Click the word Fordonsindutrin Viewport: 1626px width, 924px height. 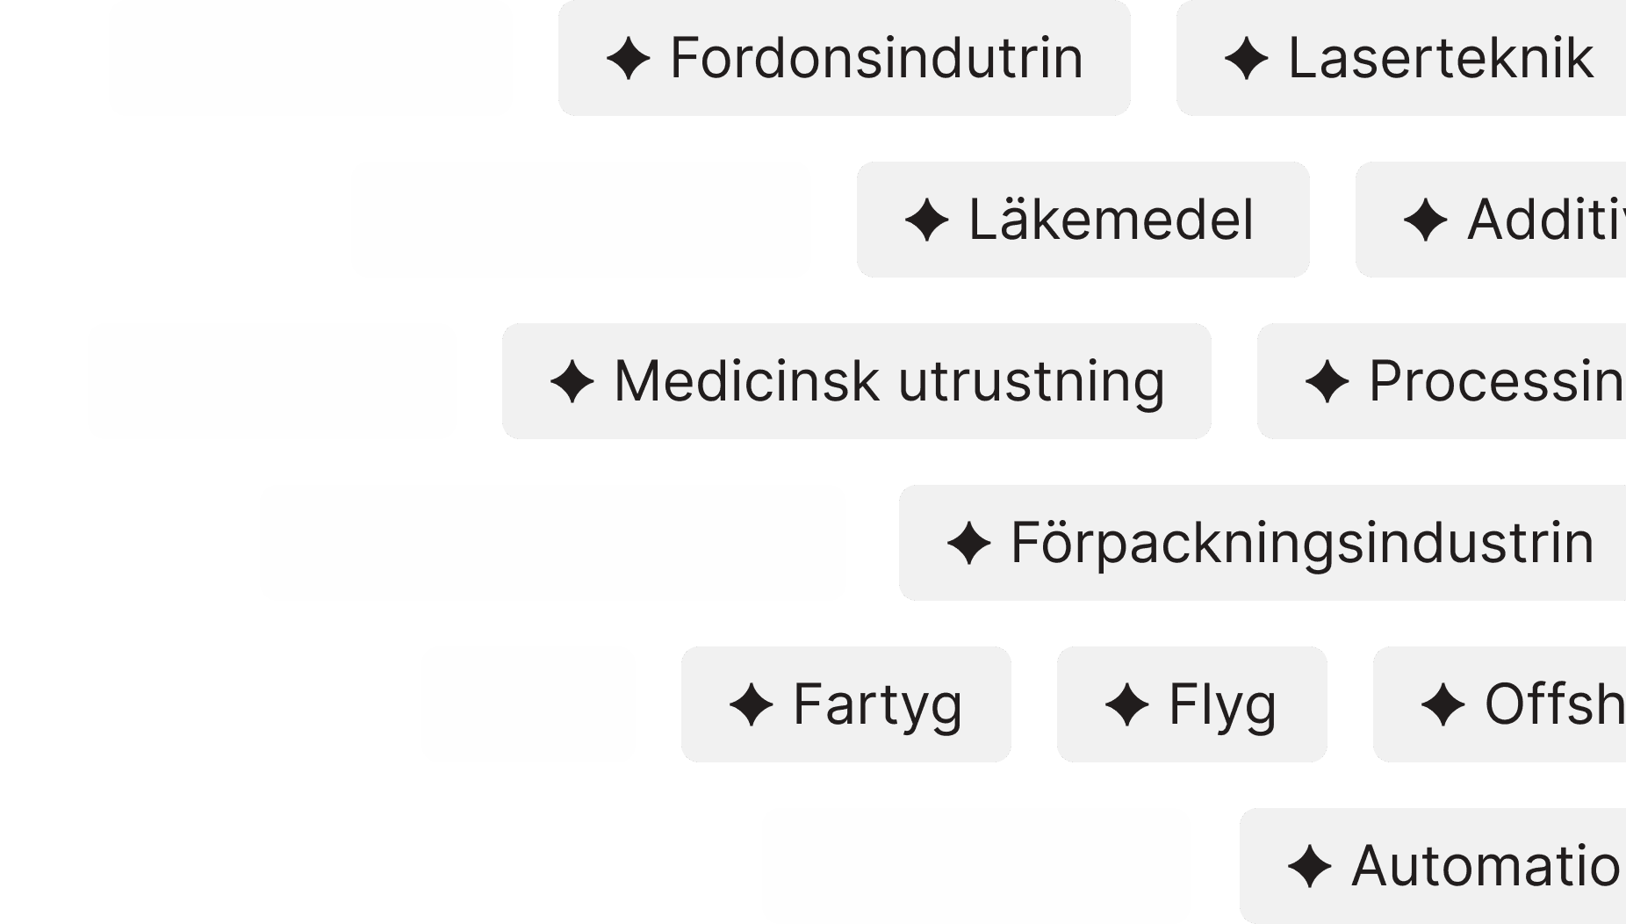[x=876, y=58]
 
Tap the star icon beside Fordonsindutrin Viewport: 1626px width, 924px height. [x=628, y=59]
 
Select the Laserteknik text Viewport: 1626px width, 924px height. [x=1440, y=58]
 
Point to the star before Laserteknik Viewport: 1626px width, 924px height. [x=1246, y=59]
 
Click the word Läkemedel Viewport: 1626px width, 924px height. [x=1111, y=220]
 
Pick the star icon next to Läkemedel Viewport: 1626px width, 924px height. [x=926, y=220]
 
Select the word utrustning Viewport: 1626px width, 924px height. [x=1032, y=381]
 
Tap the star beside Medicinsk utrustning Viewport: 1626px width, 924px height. [x=572, y=382]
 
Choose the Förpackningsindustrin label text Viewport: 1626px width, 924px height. [x=1302, y=543]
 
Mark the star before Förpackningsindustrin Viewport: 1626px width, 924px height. [x=968, y=544]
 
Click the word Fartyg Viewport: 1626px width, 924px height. [x=877, y=704]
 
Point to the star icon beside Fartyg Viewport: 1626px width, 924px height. [x=751, y=705]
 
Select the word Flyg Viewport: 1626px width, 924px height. [x=1222, y=704]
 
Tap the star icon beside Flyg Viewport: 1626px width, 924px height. [x=1126, y=705]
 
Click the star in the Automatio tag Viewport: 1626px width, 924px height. [x=1309, y=867]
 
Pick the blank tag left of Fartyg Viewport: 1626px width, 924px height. [x=528, y=704]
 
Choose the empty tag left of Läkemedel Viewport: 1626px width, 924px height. [x=580, y=220]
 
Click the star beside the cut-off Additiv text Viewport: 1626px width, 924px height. [x=1425, y=220]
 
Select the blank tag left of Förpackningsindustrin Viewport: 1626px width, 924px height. [x=552, y=543]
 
